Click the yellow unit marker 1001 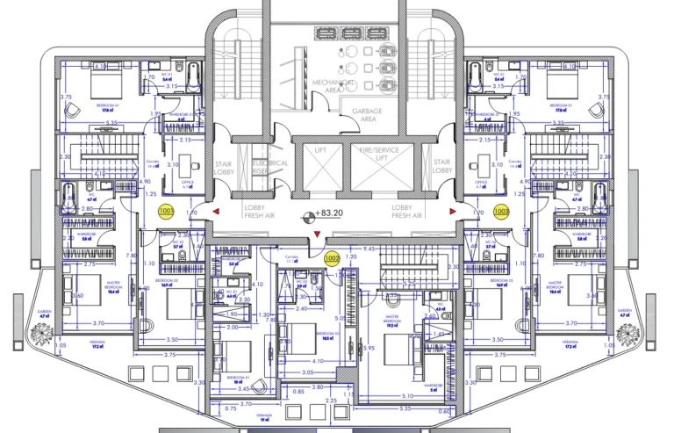(x=166, y=211)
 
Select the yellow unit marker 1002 (x=332, y=258)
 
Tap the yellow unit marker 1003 (x=501, y=211)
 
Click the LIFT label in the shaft (x=320, y=151)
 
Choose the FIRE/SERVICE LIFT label (x=378, y=155)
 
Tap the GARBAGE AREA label (x=369, y=116)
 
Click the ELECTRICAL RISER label (x=270, y=167)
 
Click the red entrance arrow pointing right (x=453, y=211)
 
